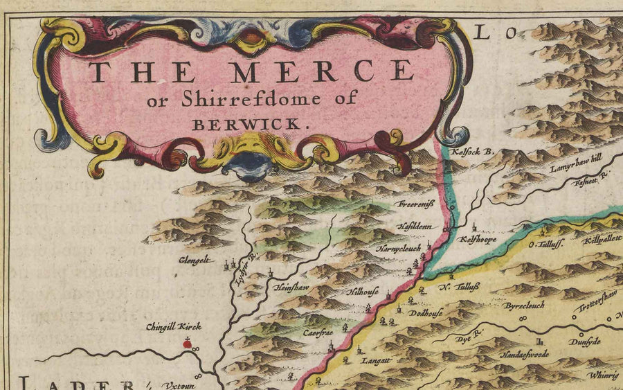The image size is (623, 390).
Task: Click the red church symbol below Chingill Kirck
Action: coord(186,342)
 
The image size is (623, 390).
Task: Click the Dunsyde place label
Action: coord(585,342)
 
